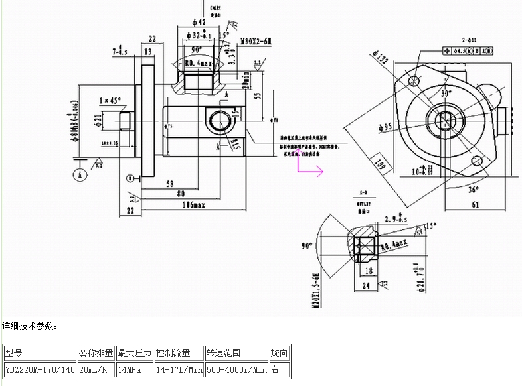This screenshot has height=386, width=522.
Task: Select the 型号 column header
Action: pos(14,352)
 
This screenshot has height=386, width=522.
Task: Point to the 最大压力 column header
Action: pos(135,352)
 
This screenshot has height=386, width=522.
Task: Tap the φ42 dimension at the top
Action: pos(199,22)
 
